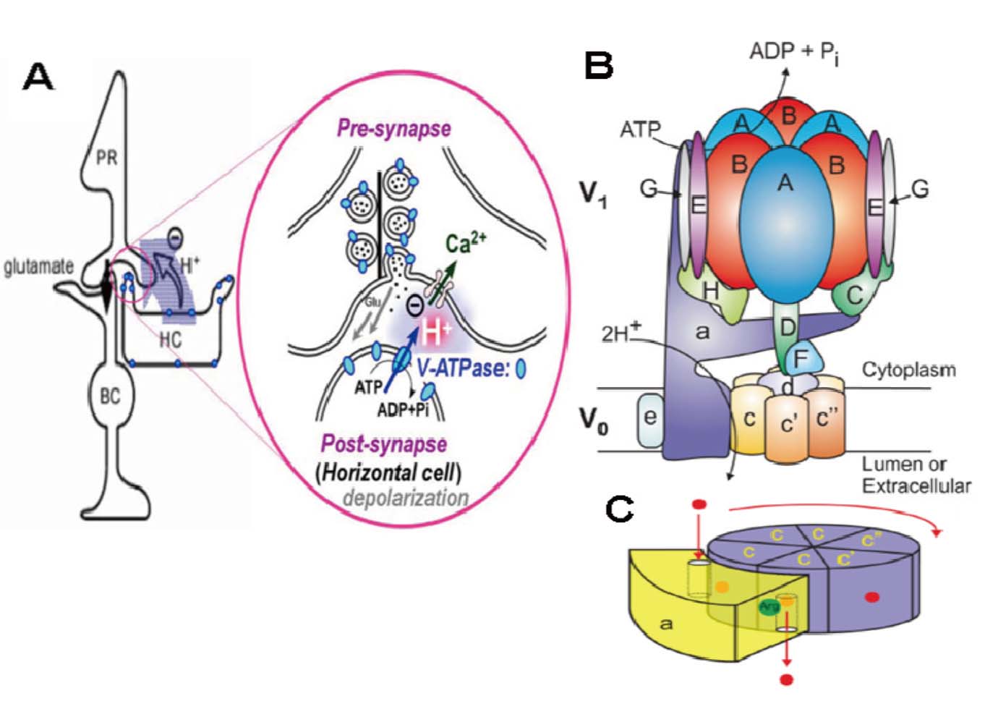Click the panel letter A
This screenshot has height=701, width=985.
[38, 77]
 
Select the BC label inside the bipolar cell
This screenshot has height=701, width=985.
[110, 396]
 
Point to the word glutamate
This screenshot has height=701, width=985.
[38, 267]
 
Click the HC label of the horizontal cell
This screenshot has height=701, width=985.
[171, 339]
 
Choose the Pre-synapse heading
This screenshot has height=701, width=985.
[394, 129]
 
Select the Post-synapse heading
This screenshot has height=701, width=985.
[384, 443]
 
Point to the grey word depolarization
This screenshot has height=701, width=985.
[406, 498]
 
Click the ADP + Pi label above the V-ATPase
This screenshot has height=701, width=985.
[793, 52]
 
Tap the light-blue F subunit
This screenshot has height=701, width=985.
[800, 357]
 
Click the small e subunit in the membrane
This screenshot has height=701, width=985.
[650, 417]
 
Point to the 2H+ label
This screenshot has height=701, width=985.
[621, 333]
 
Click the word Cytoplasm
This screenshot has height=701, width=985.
[908, 370]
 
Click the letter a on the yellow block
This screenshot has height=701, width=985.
[666, 622]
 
